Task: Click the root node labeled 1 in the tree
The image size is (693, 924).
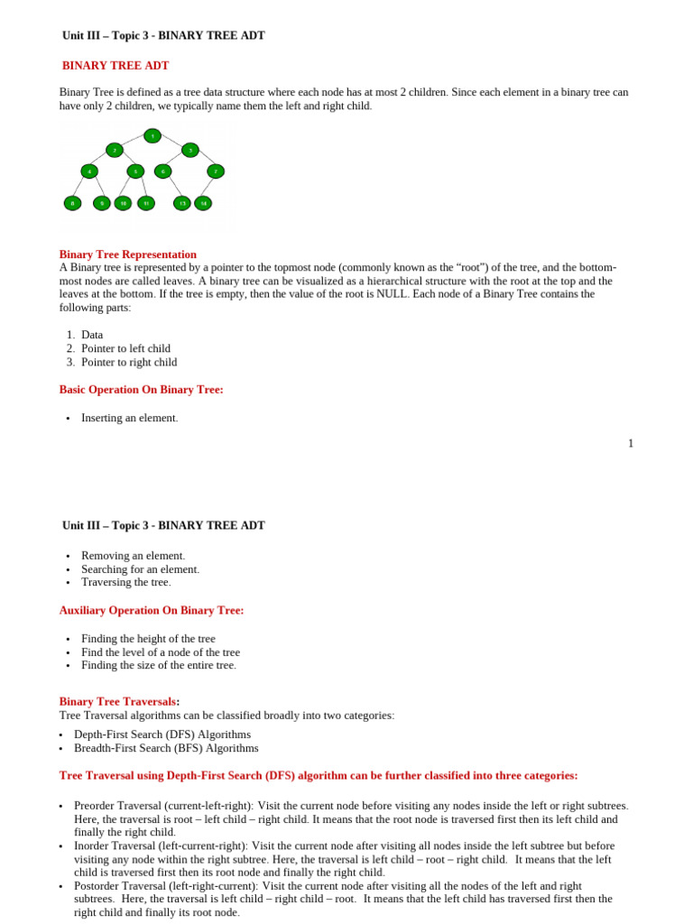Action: click(152, 136)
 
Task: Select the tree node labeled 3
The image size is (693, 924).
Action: click(189, 150)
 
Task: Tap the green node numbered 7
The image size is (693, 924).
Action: click(215, 171)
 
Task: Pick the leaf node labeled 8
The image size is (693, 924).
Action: click(72, 203)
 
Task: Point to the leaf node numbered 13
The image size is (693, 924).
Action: click(181, 203)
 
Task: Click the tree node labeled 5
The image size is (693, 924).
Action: click(135, 171)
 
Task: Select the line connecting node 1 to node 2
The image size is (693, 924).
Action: click(134, 143)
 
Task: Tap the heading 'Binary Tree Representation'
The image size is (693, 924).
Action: click(127, 254)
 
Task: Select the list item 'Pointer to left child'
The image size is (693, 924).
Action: click(125, 348)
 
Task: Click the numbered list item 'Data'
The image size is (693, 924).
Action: click(92, 335)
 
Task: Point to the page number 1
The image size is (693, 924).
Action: click(631, 443)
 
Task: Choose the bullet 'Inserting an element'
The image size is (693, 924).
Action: click(129, 418)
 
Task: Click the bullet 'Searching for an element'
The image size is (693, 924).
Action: click(140, 569)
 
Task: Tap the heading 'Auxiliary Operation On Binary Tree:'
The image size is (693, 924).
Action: click(152, 611)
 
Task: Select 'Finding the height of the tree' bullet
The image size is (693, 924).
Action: click(148, 639)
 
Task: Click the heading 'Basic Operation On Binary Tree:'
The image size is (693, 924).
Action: click(141, 390)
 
